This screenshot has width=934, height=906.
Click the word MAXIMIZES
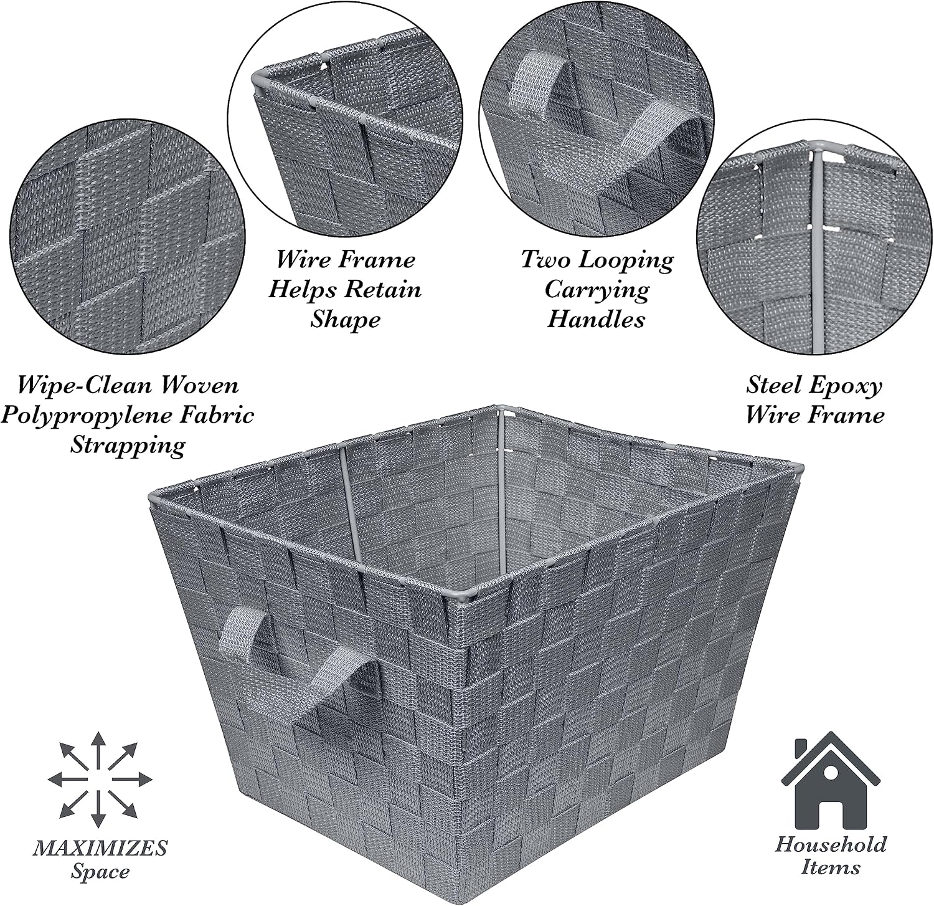click(x=101, y=848)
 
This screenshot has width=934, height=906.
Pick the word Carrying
click(x=597, y=290)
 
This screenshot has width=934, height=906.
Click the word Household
click(x=831, y=846)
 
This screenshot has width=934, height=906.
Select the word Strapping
click(x=128, y=446)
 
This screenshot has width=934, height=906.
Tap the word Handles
click(x=596, y=320)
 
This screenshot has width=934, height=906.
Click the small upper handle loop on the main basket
click(x=243, y=630)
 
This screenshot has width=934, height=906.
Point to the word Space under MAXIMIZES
click(x=100, y=872)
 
